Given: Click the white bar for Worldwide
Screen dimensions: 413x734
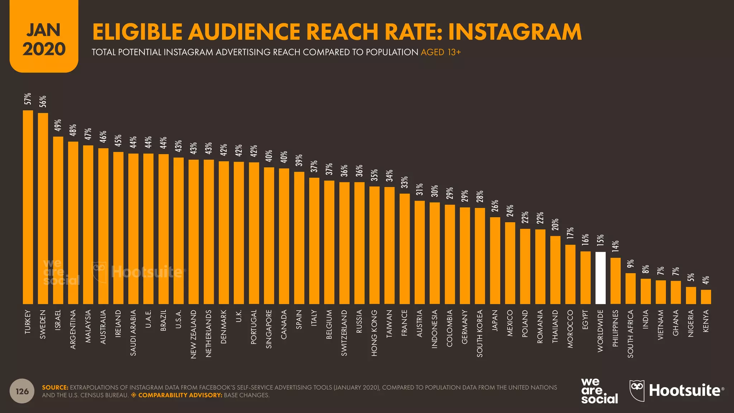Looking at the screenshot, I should [x=601, y=278].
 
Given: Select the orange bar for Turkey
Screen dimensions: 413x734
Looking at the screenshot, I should [x=28, y=207].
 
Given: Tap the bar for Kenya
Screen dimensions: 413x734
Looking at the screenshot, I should [x=706, y=297].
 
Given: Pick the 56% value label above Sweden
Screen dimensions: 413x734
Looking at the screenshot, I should [x=43, y=101].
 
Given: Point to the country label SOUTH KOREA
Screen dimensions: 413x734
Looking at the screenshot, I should [x=480, y=333].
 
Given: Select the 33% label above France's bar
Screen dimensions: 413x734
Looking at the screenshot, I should [x=405, y=182].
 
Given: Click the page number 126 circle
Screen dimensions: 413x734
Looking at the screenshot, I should [x=22, y=391].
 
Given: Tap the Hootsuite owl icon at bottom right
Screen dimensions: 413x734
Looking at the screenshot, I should [x=637, y=390].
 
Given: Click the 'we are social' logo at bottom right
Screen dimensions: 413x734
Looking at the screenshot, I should [x=599, y=391].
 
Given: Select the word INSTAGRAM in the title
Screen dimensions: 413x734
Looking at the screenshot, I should [x=515, y=32].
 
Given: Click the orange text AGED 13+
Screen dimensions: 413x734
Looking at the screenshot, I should [x=440, y=52].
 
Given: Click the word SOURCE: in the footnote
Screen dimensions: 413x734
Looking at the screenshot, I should [x=55, y=388].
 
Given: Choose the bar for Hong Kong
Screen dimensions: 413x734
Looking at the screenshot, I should [x=375, y=245].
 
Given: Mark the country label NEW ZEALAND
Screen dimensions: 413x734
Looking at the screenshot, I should [x=194, y=334].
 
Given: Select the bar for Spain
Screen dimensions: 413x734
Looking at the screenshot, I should [x=299, y=238].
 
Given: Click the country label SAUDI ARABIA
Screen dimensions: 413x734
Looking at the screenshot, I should [x=133, y=333].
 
